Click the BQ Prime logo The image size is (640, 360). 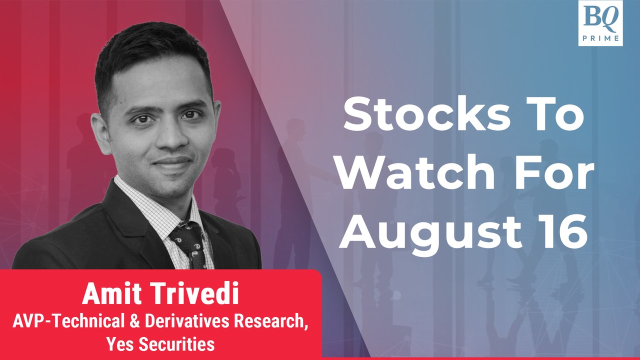pyautogui.click(x=600, y=23)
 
